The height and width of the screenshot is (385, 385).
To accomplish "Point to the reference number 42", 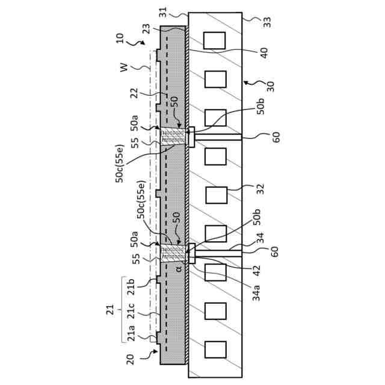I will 257,271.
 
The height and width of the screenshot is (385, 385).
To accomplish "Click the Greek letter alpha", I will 179,268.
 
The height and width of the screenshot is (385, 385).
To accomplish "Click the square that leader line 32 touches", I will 216,196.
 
